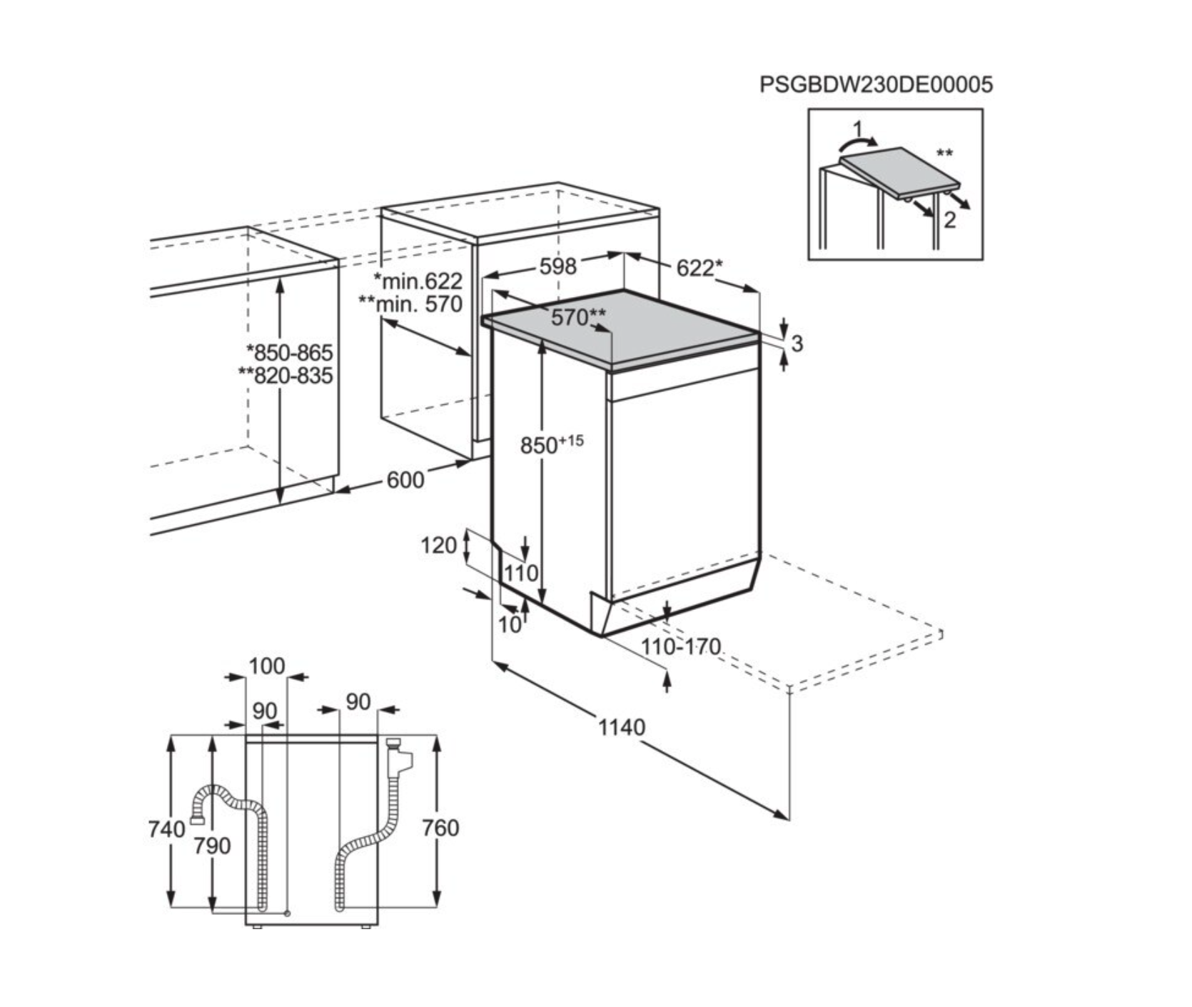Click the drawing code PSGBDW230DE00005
pos(876,85)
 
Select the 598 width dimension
pos(557,266)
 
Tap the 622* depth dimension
pos(699,269)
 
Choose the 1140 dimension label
pos(621,728)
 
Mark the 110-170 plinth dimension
pos(680,647)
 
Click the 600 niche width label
pos(405,479)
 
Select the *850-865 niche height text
pos(289,353)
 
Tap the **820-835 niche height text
pos(286,375)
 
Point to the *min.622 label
pos(418,281)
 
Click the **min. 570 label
pos(410,304)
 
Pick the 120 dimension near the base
pos(438,546)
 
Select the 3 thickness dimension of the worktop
pos(797,344)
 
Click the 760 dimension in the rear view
pos(440,828)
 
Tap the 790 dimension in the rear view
pos(212,846)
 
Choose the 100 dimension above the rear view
pos(266,666)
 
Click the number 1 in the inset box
pos(859,129)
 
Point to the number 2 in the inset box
pos(949,220)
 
